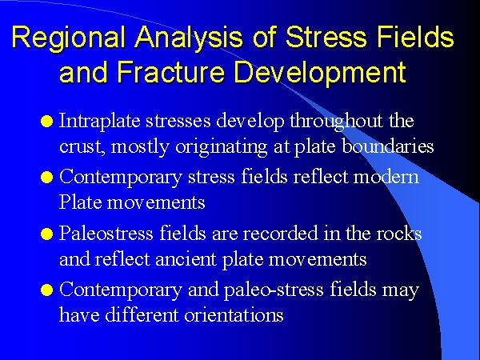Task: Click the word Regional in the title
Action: (69, 38)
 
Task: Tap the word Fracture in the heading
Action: (171, 72)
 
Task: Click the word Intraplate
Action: (99, 122)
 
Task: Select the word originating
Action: (222, 147)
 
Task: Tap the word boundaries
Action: (387, 146)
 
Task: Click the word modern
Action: (386, 177)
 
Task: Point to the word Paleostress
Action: (106, 233)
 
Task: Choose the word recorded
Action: (281, 233)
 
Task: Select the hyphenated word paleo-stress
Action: (274, 290)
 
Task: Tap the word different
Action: (142, 314)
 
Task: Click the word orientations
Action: (234, 315)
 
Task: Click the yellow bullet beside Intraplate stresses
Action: (47, 122)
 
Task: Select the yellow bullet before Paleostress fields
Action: (47, 234)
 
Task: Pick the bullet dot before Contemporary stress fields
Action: (47, 178)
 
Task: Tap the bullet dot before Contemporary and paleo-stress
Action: (47, 290)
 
